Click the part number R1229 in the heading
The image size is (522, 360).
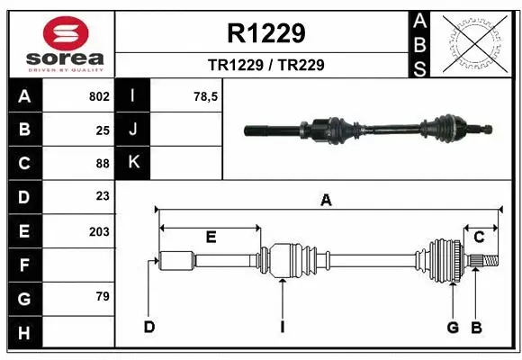[x=265, y=34]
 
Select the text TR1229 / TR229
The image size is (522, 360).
[x=265, y=65]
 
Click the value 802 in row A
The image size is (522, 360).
[x=99, y=96]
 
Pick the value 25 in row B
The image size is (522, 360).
[x=103, y=130]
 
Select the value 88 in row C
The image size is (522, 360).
[x=103, y=164]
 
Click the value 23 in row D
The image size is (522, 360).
[x=103, y=196]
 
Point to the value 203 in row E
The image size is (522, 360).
[x=99, y=231]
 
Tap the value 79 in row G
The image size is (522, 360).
[x=103, y=297]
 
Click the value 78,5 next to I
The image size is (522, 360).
[x=206, y=96]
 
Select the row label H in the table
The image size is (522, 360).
[x=23, y=334]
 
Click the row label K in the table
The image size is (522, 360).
[x=133, y=163]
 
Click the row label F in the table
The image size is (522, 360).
[x=23, y=265]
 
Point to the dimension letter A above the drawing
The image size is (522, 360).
[x=326, y=200]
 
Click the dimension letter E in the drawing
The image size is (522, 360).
[x=211, y=237]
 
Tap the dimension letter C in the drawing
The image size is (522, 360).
[x=479, y=237]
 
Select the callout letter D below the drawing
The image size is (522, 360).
[x=149, y=327]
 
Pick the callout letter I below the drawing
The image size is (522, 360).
[x=282, y=327]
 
